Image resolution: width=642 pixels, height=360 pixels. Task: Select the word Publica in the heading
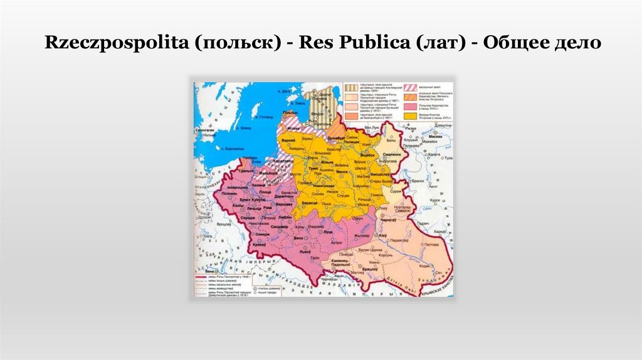pyautogui.click(x=355, y=44)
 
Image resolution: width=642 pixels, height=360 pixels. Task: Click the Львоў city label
pyautogui.click(x=305, y=250)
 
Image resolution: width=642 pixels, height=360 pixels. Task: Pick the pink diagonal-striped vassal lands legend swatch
pyautogui.click(x=411, y=87)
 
